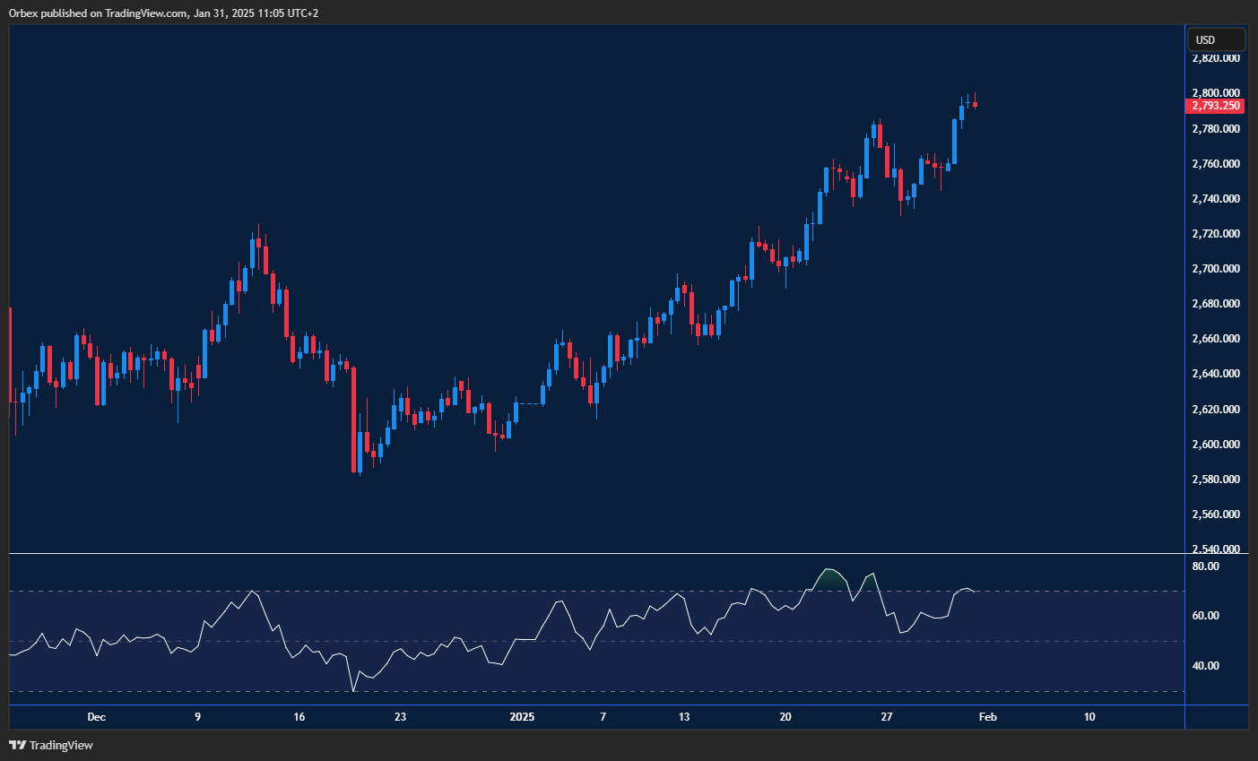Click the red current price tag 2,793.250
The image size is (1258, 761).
click(1215, 106)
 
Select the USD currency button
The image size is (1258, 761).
click(1216, 39)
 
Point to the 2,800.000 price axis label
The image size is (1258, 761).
click(1216, 93)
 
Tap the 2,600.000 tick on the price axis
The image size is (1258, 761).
click(1216, 445)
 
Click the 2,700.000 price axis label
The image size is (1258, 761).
click(1216, 269)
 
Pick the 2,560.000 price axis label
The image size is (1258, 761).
click(1216, 515)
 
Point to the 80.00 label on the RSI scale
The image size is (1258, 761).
click(1206, 566)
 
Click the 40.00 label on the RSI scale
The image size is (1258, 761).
click(1206, 666)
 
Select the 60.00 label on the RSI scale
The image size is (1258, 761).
click(1206, 616)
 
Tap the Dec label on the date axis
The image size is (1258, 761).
click(97, 717)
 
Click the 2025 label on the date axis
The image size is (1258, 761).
click(522, 717)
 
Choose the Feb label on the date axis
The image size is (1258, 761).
click(987, 717)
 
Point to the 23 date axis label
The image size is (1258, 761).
click(401, 717)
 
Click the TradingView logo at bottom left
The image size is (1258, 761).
click(51, 745)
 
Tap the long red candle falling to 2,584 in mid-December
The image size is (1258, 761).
click(353, 419)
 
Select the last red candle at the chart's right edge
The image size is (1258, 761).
click(975, 105)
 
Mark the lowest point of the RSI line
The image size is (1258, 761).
click(353, 691)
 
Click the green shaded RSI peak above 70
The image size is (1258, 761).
click(830, 578)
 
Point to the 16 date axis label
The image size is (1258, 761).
click(299, 717)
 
